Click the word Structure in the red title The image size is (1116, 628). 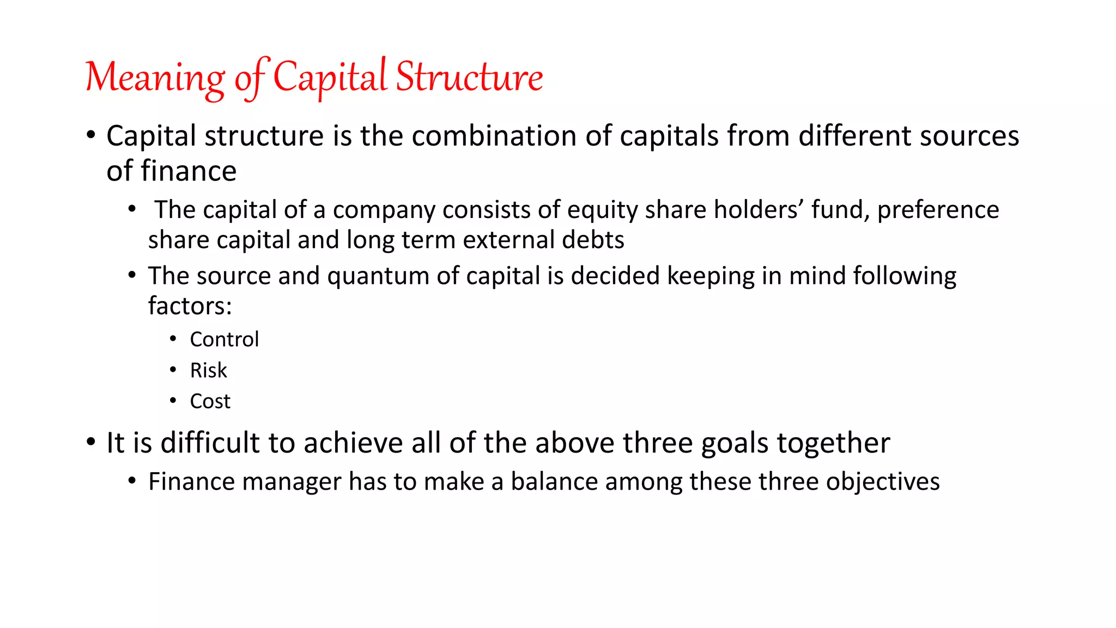[469, 77]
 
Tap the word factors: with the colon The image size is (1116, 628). [190, 306]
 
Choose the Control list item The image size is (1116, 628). [224, 340]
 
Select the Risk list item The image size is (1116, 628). [208, 371]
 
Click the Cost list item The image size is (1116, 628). [210, 402]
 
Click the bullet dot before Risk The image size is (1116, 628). [173, 370]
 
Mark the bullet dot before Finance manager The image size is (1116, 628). [132, 481]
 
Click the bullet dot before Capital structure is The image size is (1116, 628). [91, 135]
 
